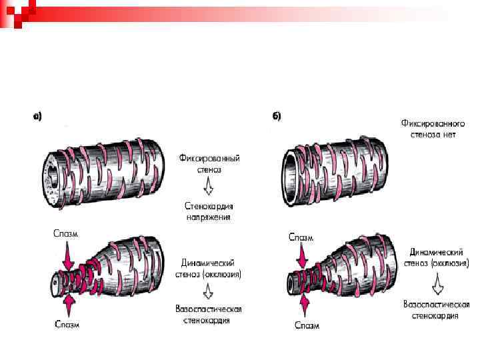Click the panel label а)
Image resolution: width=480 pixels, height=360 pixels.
(37, 116)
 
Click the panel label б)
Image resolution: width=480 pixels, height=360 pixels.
(277, 116)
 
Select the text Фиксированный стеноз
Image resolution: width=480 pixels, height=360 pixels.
(209, 163)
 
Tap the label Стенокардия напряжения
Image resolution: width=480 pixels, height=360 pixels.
(209, 211)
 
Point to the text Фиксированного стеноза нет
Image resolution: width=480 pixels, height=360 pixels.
(433, 129)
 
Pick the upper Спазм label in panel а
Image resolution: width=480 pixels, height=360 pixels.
(66, 234)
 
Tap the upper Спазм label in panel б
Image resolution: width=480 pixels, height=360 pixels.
(302, 237)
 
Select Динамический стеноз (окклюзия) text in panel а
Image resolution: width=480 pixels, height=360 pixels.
(210, 268)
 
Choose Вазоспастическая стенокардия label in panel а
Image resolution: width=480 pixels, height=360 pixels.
(208, 315)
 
